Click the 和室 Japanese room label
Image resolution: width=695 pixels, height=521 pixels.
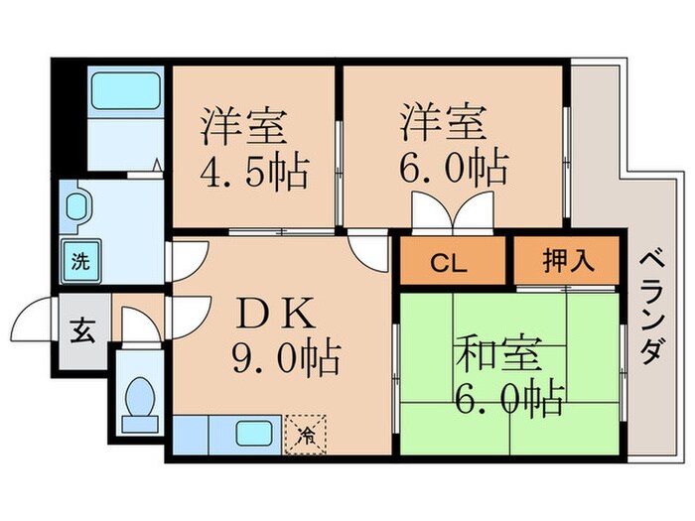pyautogui.click(x=499, y=353)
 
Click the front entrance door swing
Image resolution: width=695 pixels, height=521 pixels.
pyautogui.click(x=32, y=320)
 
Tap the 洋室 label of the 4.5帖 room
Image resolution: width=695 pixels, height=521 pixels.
pyautogui.click(x=243, y=125)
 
